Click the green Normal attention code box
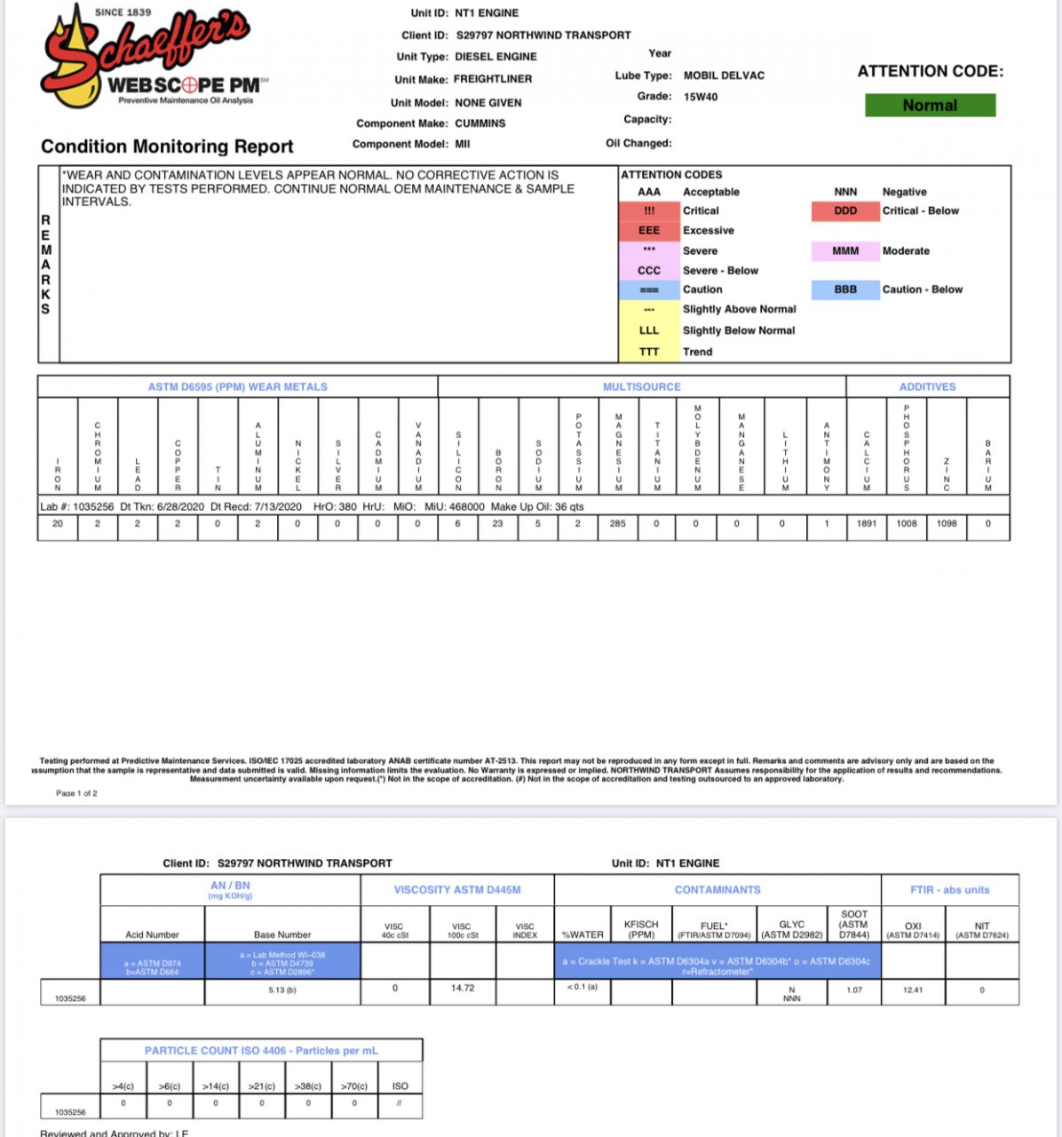pos(930,106)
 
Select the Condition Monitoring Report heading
pos(167,147)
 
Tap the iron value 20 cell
pos(58,524)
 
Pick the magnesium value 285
pos(617,524)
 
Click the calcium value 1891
pos(867,524)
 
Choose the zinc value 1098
pos(947,524)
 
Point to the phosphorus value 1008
pos(907,524)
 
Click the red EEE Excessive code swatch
pos(649,231)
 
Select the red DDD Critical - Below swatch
pos(845,211)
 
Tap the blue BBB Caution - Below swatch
pos(845,290)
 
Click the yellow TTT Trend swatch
pos(649,352)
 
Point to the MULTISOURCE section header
pos(641,387)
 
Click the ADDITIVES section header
pos(927,387)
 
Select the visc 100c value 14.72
pos(463,988)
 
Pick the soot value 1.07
pos(854,990)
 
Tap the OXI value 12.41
pos(913,990)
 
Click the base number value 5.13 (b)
pos(282,990)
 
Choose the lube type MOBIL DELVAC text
pos(724,76)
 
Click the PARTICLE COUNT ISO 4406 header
pos(261,1051)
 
